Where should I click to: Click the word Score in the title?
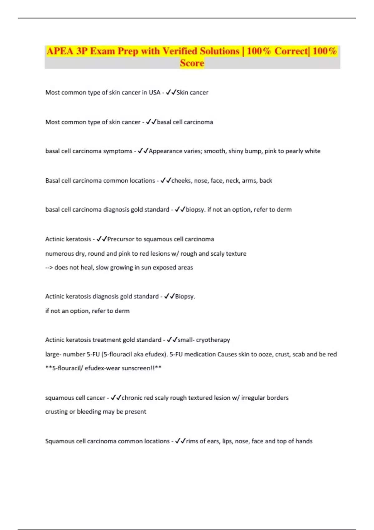point(192,63)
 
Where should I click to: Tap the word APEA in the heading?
point(60,51)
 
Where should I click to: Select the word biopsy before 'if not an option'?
point(195,210)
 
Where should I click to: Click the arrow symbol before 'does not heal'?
point(49,267)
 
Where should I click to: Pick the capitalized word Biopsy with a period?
point(185,296)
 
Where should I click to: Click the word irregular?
point(252,398)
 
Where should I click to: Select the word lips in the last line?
point(227,441)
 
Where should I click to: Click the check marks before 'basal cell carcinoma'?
point(151,122)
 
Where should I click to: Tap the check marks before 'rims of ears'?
point(180,441)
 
